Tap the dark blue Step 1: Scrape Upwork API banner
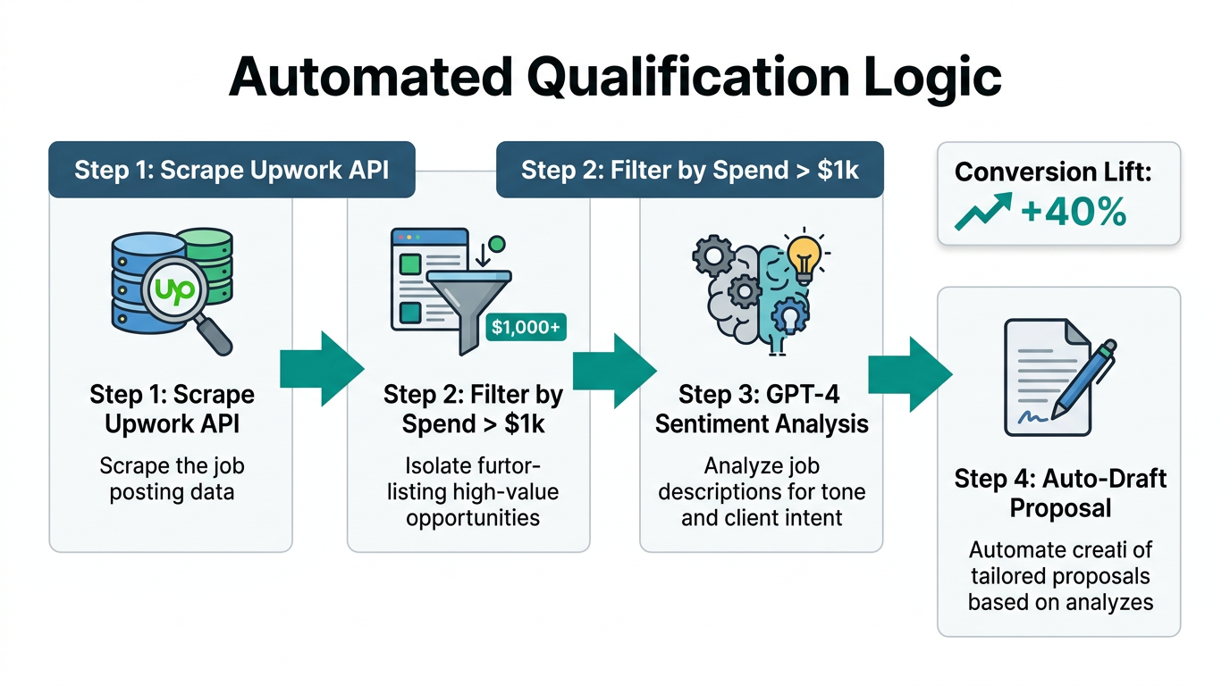coord(232,170)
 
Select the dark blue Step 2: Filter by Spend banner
coord(689,170)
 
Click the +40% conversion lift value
coord(1073,213)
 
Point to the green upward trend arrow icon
coord(982,213)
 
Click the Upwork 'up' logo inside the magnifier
coord(175,292)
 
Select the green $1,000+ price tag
coord(527,328)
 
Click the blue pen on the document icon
coord(1083,380)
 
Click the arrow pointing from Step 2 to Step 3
coord(613,369)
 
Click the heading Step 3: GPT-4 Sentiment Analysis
coord(761,408)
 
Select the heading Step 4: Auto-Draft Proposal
coord(1060,493)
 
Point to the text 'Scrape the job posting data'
coord(172,479)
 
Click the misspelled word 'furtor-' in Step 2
coord(508,465)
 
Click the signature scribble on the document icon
coord(1033,416)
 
